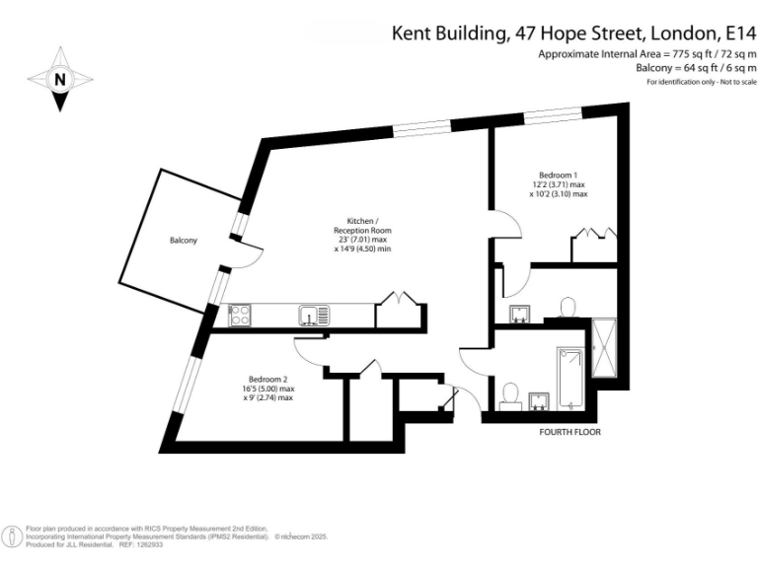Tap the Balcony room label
point(183,240)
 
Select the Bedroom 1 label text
point(558,175)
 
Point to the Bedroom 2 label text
point(267,380)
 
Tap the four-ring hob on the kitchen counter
point(240,316)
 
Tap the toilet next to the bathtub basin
point(511,395)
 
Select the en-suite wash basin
point(521,315)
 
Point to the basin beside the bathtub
point(538,400)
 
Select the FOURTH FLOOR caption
point(569,432)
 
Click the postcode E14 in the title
point(738,33)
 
